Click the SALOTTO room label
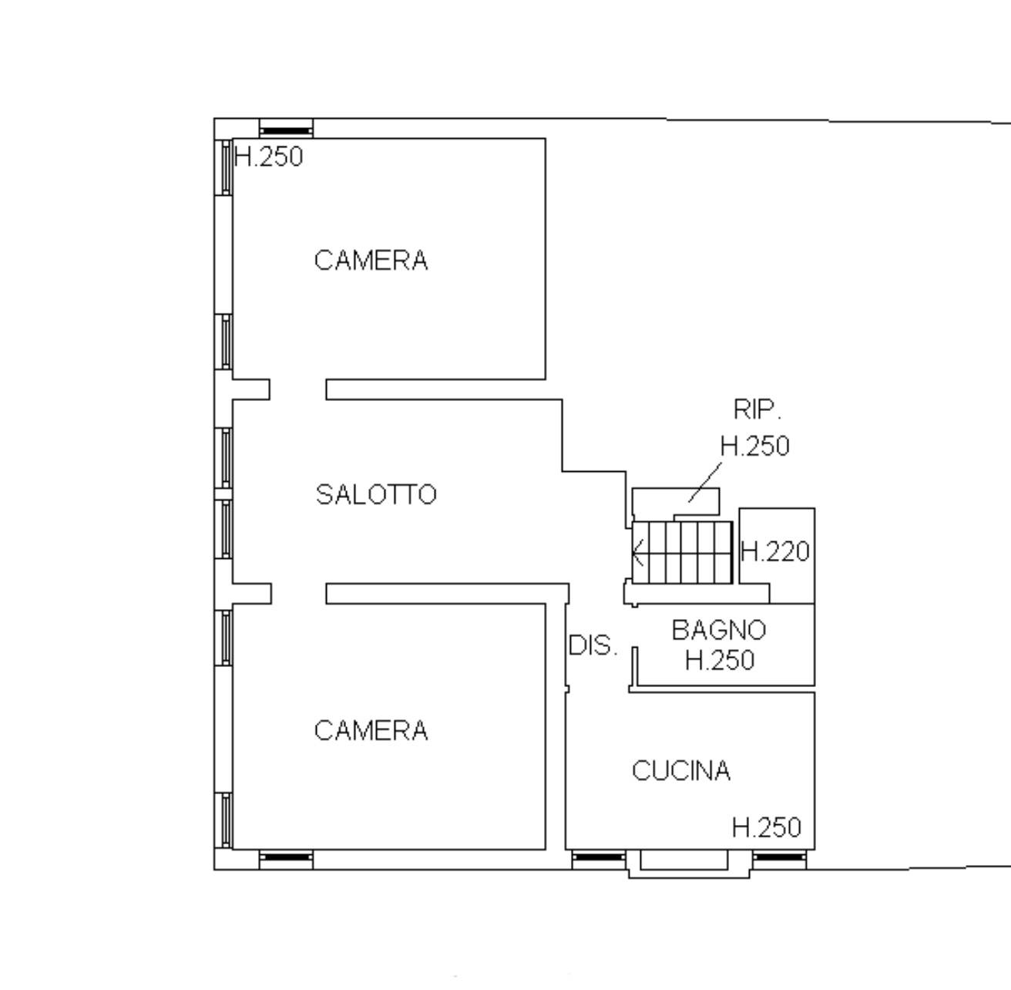(376, 494)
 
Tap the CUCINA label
(681, 770)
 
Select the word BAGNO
(719, 630)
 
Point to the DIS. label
(593, 645)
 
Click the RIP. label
(757, 409)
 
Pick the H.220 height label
(775, 552)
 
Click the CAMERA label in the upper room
(371, 261)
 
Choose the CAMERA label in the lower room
(371, 730)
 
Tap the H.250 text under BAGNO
(720, 660)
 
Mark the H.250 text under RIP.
(755, 446)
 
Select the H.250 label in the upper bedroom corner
(269, 157)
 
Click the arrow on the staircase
(639, 553)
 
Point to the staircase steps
(682, 552)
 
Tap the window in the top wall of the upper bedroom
(286, 129)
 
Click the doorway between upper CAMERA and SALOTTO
(297, 389)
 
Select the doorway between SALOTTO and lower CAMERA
(299, 594)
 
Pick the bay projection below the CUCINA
(689, 864)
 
